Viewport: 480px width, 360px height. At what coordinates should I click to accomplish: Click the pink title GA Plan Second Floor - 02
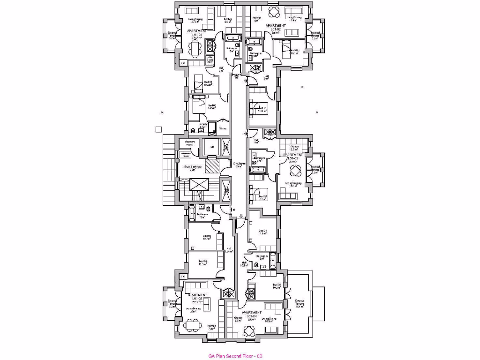[x=235, y=356]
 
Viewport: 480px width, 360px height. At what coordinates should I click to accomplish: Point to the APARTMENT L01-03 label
[x=293, y=158]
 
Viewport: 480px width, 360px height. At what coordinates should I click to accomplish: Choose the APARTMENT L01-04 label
[x=252, y=315]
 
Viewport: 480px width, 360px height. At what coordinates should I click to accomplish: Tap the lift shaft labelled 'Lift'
[x=212, y=147]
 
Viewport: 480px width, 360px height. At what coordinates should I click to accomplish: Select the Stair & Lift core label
[x=192, y=168]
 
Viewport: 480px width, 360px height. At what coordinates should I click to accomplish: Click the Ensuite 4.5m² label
[x=203, y=125]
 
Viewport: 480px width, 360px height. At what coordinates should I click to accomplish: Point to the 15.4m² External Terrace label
[x=300, y=303]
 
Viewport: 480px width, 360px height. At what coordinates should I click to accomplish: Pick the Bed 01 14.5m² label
[x=211, y=106]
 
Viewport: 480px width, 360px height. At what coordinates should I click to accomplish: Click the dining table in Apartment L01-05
[x=191, y=324]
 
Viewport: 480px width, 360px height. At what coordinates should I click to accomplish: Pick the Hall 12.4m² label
[x=229, y=250]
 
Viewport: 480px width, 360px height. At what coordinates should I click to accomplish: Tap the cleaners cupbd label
[x=190, y=143]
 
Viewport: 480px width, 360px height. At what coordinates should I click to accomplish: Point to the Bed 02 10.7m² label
[x=207, y=238]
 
